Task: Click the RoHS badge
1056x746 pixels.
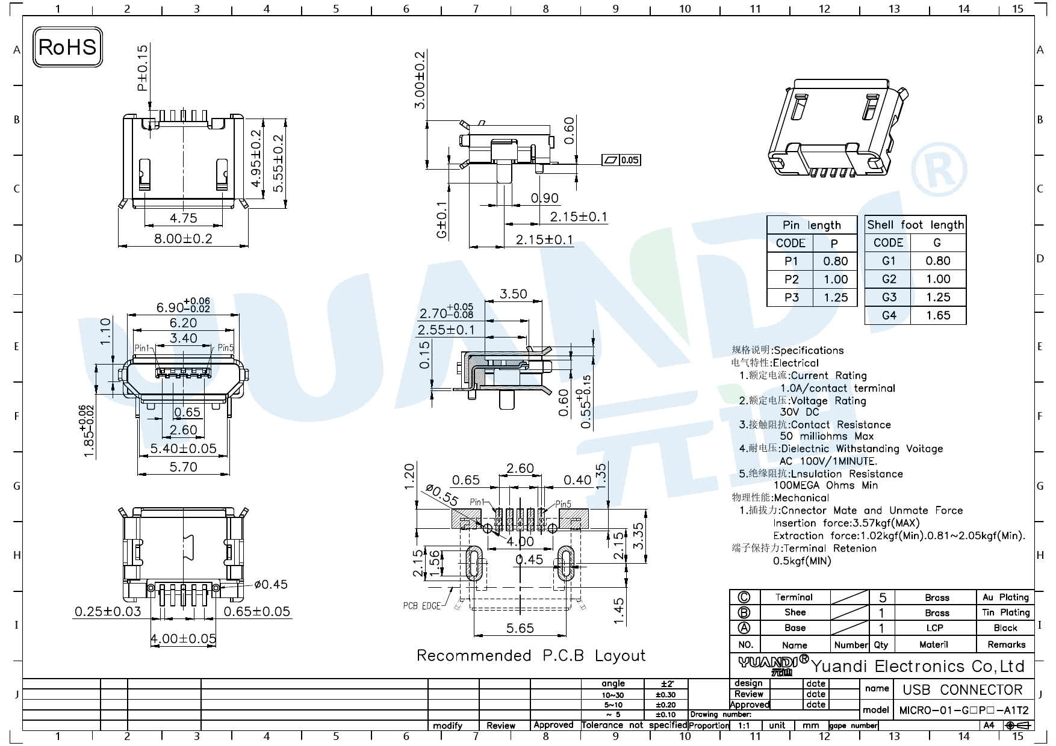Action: click(x=67, y=47)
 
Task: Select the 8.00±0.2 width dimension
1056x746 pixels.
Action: click(x=183, y=239)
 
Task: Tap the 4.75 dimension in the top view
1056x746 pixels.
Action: click(x=183, y=218)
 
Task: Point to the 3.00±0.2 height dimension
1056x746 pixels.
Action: click(x=420, y=80)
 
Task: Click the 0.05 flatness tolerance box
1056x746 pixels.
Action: click(x=629, y=160)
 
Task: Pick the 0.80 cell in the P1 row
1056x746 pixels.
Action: click(x=835, y=261)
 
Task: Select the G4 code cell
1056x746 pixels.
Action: click(x=889, y=315)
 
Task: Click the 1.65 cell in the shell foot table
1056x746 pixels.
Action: click(x=938, y=315)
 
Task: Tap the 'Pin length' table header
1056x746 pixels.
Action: click(x=812, y=225)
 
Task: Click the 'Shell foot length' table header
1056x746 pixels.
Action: click(x=915, y=225)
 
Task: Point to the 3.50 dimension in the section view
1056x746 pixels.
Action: click(x=513, y=294)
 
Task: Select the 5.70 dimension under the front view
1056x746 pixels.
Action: click(x=183, y=467)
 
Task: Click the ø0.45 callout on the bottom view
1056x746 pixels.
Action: click(x=270, y=584)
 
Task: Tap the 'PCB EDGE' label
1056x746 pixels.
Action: click(x=421, y=606)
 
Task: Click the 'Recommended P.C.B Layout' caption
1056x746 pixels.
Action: click(x=530, y=656)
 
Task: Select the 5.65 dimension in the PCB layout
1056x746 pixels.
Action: click(x=520, y=629)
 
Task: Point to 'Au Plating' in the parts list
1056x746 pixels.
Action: click(x=1005, y=597)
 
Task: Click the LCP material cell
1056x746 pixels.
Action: click(x=934, y=628)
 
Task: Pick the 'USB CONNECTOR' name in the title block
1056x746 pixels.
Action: click(x=962, y=690)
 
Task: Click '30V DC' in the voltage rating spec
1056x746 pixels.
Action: click(x=799, y=412)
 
